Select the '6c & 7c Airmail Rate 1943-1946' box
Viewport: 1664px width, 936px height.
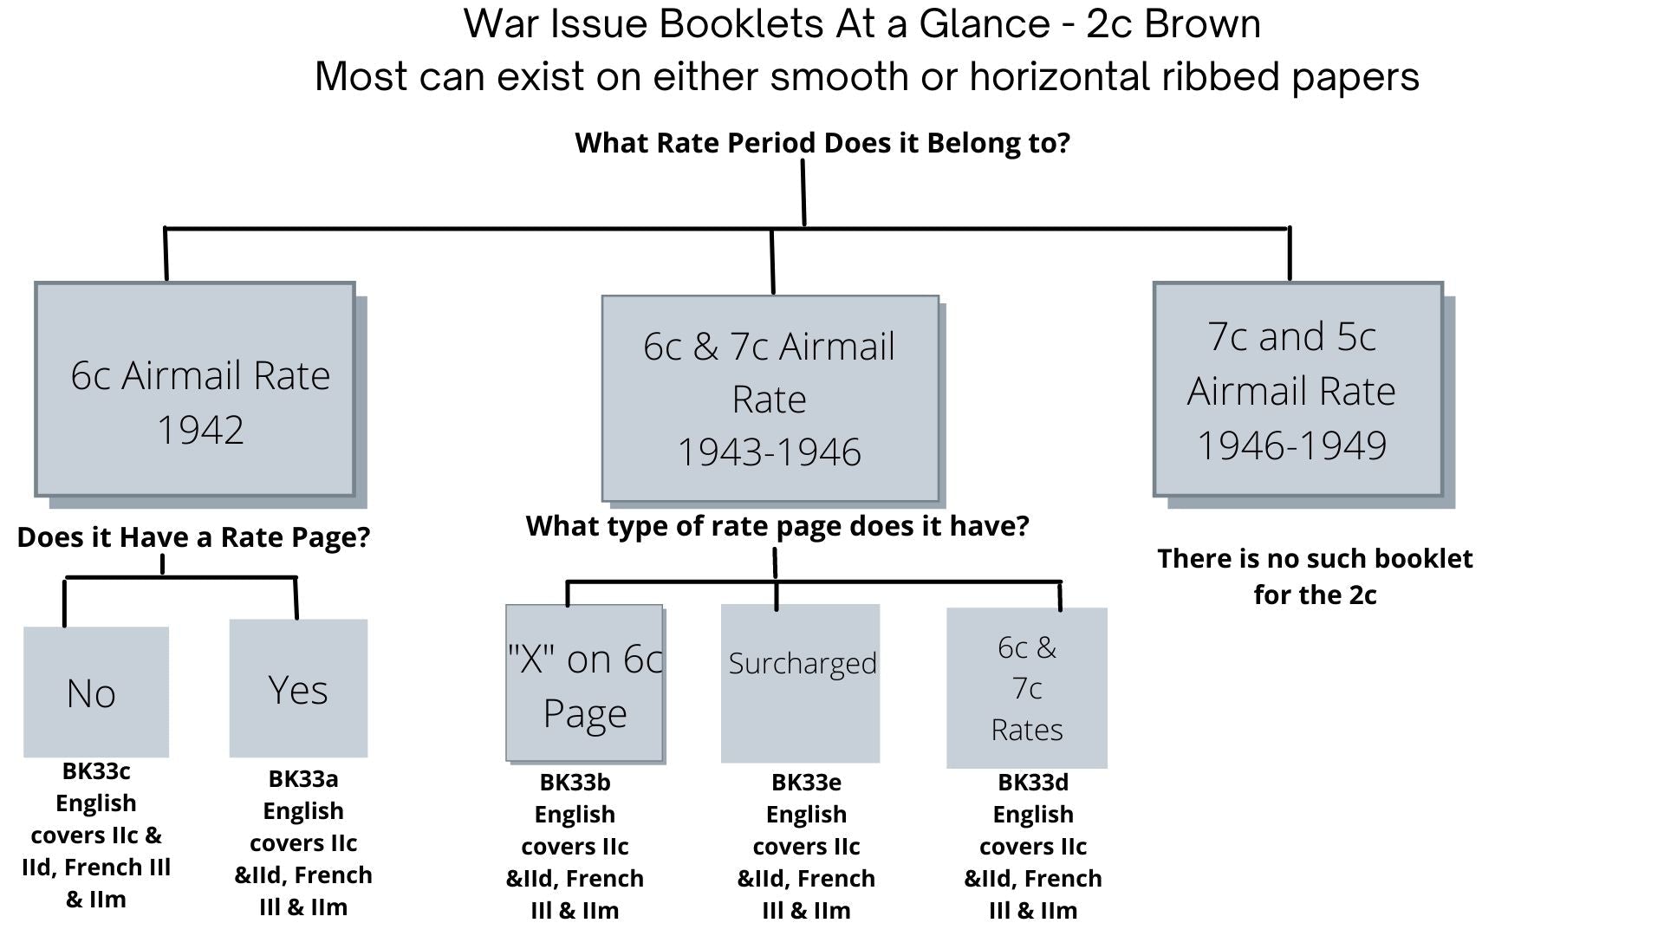[770, 398]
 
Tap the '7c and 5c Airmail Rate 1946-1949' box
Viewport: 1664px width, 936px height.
[1297, 389]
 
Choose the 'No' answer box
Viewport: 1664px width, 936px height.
[95, 692]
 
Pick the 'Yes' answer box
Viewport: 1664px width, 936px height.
[298, 689]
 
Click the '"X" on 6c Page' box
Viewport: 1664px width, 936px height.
[585, 685]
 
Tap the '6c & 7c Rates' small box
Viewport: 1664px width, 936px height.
[1027, 688]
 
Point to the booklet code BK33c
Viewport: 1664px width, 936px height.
[96, 770]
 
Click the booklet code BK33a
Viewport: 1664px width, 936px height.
[303, 778]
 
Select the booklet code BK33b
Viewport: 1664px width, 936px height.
[575, 782]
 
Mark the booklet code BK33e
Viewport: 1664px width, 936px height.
[806, 782]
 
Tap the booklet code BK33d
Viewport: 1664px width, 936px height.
[1033, 782]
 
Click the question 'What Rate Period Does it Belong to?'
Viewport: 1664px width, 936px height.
[822, 143]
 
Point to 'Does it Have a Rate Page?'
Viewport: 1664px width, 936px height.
[193, 537]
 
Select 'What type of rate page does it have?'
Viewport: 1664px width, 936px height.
[777, 526]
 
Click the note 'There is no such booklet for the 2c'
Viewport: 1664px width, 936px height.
[1315, 576]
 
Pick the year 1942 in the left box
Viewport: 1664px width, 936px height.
[200, 430]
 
